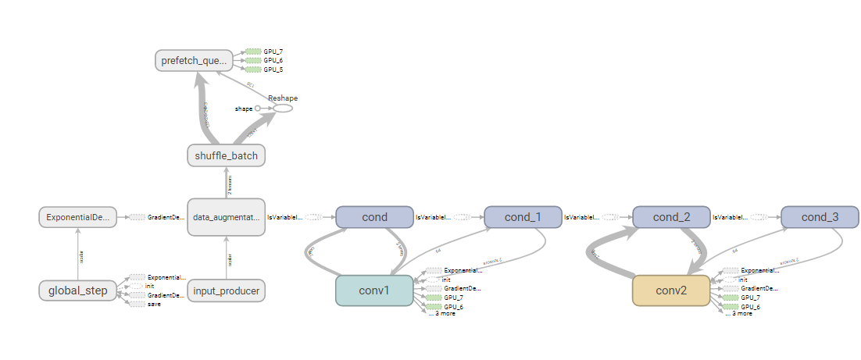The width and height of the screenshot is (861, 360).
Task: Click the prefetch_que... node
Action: tap(193, 60)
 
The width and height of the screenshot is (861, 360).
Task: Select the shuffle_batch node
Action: tap(227, 155)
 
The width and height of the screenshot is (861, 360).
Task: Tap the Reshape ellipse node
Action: tap(282, 108)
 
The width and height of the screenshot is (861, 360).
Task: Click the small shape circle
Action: tap(257, 109)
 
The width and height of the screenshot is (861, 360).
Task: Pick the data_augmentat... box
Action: tap(227, 217)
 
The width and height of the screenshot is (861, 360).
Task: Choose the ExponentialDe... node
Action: tap(78, 217)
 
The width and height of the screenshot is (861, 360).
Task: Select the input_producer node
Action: tap(227, 290)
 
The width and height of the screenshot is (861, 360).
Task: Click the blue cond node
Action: tap(374, 217)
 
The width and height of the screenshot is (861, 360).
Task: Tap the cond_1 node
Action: tap(523, 217)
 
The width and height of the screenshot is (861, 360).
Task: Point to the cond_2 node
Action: tap(671, 217)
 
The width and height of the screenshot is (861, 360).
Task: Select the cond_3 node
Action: tap(820, 217)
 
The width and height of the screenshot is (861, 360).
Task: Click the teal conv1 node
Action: tap(374, 290)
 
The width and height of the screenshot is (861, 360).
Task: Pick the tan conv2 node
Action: tap(671, 290)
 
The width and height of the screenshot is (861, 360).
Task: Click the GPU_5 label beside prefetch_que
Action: tap(273, 70)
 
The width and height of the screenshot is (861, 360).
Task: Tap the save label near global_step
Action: tap(152, 304)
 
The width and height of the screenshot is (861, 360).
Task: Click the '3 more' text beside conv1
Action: tap(443, 314)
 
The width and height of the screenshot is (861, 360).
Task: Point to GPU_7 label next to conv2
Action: tap(750, 298)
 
